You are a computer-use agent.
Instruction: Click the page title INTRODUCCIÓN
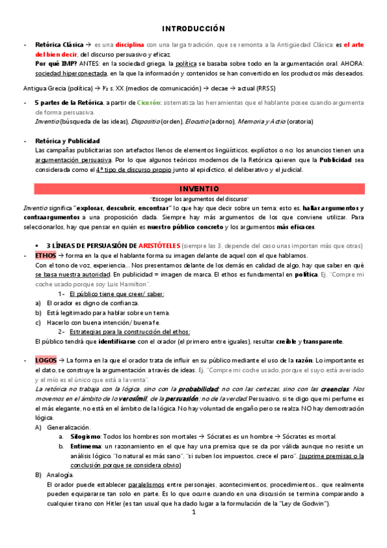pos(193,29)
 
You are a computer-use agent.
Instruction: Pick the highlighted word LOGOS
pos(47,360)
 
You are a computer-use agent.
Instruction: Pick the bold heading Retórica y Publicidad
pos(67,140)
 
